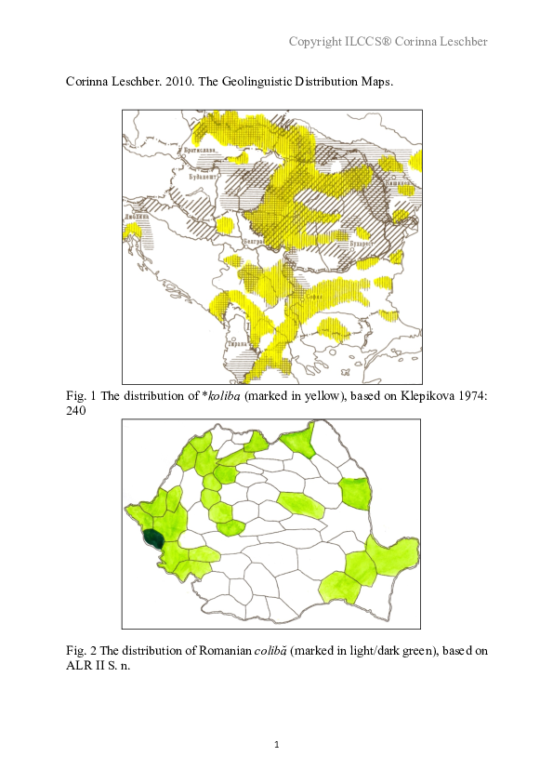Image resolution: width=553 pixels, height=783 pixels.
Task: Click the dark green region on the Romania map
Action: point(152,538)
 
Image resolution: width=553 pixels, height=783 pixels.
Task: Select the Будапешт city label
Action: point(202,175)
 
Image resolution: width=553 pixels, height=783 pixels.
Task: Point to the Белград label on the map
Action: point(254,241)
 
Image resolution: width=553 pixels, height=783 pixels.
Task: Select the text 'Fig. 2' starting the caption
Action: point(81,651)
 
